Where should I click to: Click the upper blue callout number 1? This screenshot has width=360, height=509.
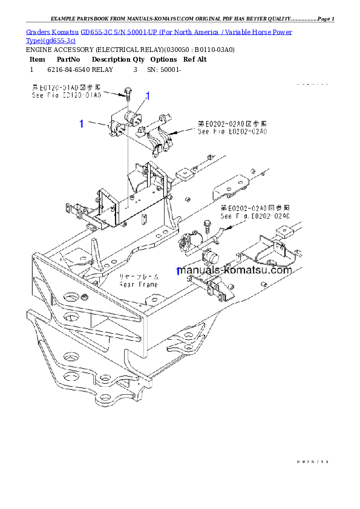[147, 96]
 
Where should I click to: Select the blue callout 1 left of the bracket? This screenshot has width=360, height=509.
[81, 124]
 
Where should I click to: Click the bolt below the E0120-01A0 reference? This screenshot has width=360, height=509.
[128, 93]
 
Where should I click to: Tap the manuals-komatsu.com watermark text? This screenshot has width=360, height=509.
[235, 270]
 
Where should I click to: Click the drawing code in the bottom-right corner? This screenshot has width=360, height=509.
[312, 461]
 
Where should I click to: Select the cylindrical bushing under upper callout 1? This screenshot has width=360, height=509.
[130, 117]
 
